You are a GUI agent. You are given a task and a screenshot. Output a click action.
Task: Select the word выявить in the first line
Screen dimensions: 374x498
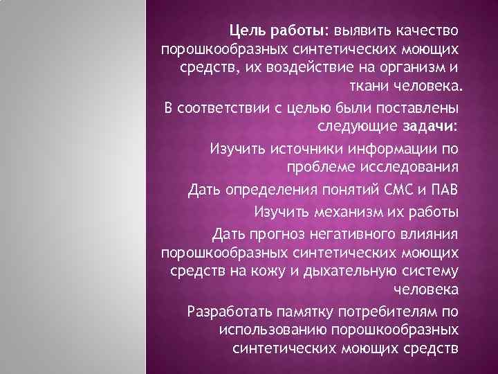click(x=362, y=31)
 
